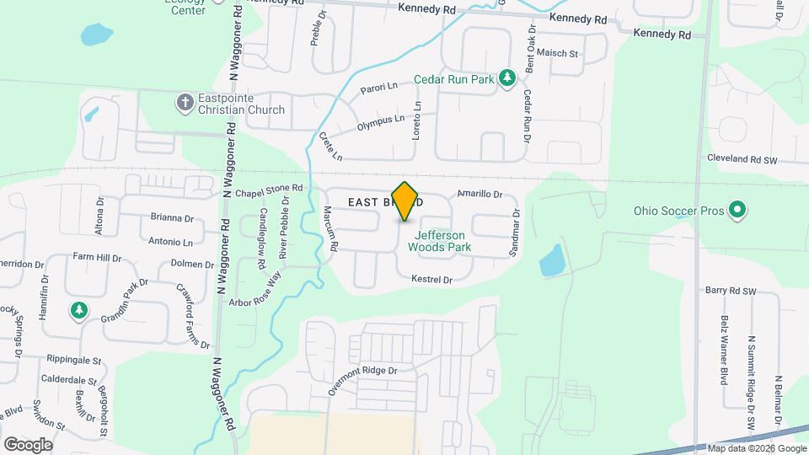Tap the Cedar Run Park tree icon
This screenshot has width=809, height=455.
tap(506, 79)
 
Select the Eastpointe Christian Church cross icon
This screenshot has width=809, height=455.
tap(185, 103)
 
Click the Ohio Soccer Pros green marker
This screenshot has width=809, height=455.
tap(737, 209)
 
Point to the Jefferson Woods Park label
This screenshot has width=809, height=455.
tap(438, 242)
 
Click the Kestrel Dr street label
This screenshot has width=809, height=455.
tap(431, 279)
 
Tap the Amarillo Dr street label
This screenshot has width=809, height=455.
tap(480, 194)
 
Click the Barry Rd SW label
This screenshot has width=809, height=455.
tap(732, 291)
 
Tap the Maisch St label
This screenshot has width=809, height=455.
tap(557, 54)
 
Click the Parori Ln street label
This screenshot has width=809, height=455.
tap(378, 88)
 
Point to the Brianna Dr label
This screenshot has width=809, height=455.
tap(172, 217)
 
